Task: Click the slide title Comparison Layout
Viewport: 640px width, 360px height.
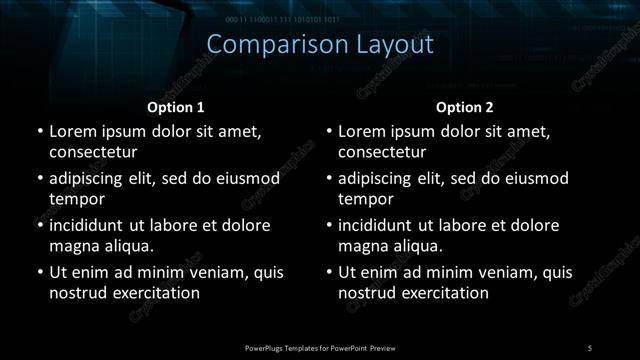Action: [x=320, y=45]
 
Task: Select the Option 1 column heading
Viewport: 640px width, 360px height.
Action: [x=176, y=107]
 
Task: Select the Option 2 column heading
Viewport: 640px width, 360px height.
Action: [x=466, y=107]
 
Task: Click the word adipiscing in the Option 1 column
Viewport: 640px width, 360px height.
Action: [x=92, y=179]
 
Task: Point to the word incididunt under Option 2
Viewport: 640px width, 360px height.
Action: [x=383, y=226]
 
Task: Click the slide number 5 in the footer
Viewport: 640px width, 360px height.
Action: [x=589, y=347]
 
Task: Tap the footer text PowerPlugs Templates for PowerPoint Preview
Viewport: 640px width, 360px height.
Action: [x=319, y=347]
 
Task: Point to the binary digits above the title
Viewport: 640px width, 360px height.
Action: [x=296, y=19]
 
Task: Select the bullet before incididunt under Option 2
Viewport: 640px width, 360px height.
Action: [x=329, y=226]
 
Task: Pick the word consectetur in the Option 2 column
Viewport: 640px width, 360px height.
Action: [x=382, y=152]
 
